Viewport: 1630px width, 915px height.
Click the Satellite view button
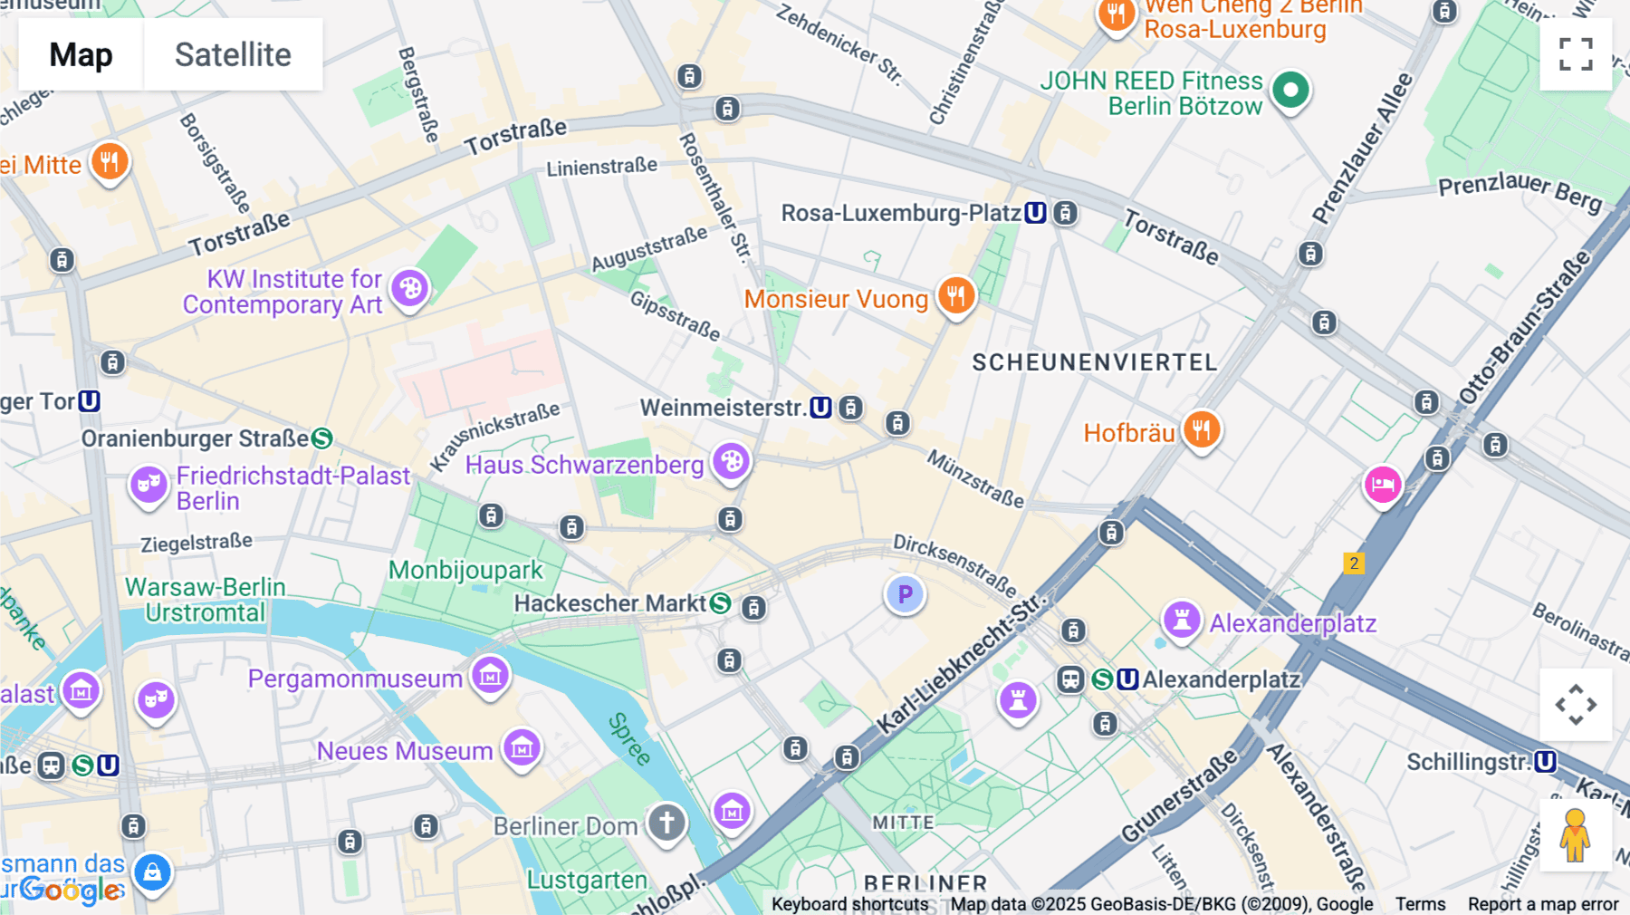[233, 54]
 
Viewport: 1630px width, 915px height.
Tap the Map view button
[81, 54]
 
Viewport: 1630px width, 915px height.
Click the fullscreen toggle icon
[1576, 54]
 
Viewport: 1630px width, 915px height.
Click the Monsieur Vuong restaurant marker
[955, 295]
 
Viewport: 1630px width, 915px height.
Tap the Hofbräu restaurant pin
[1202, 429]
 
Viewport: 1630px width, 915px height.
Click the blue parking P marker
[905, 594]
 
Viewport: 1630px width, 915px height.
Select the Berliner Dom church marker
[666, 823]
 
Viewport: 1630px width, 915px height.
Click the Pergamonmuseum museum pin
[491, 675]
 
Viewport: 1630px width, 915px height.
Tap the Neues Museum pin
[522, 747]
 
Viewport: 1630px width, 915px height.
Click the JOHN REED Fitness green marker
[1290, 90]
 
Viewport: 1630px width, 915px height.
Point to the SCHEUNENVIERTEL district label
[1094, 362]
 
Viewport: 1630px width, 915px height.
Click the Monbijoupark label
[465, 570]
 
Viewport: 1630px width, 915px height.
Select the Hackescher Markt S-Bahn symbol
[720, 603]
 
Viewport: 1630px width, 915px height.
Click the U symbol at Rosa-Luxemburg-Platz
[1035, 213]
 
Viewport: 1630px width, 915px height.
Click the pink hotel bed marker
[1383, 485]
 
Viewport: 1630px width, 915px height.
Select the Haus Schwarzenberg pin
[731, 462]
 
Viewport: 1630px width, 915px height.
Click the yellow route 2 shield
[1354, 563]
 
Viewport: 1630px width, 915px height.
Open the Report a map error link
[1542, 904]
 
